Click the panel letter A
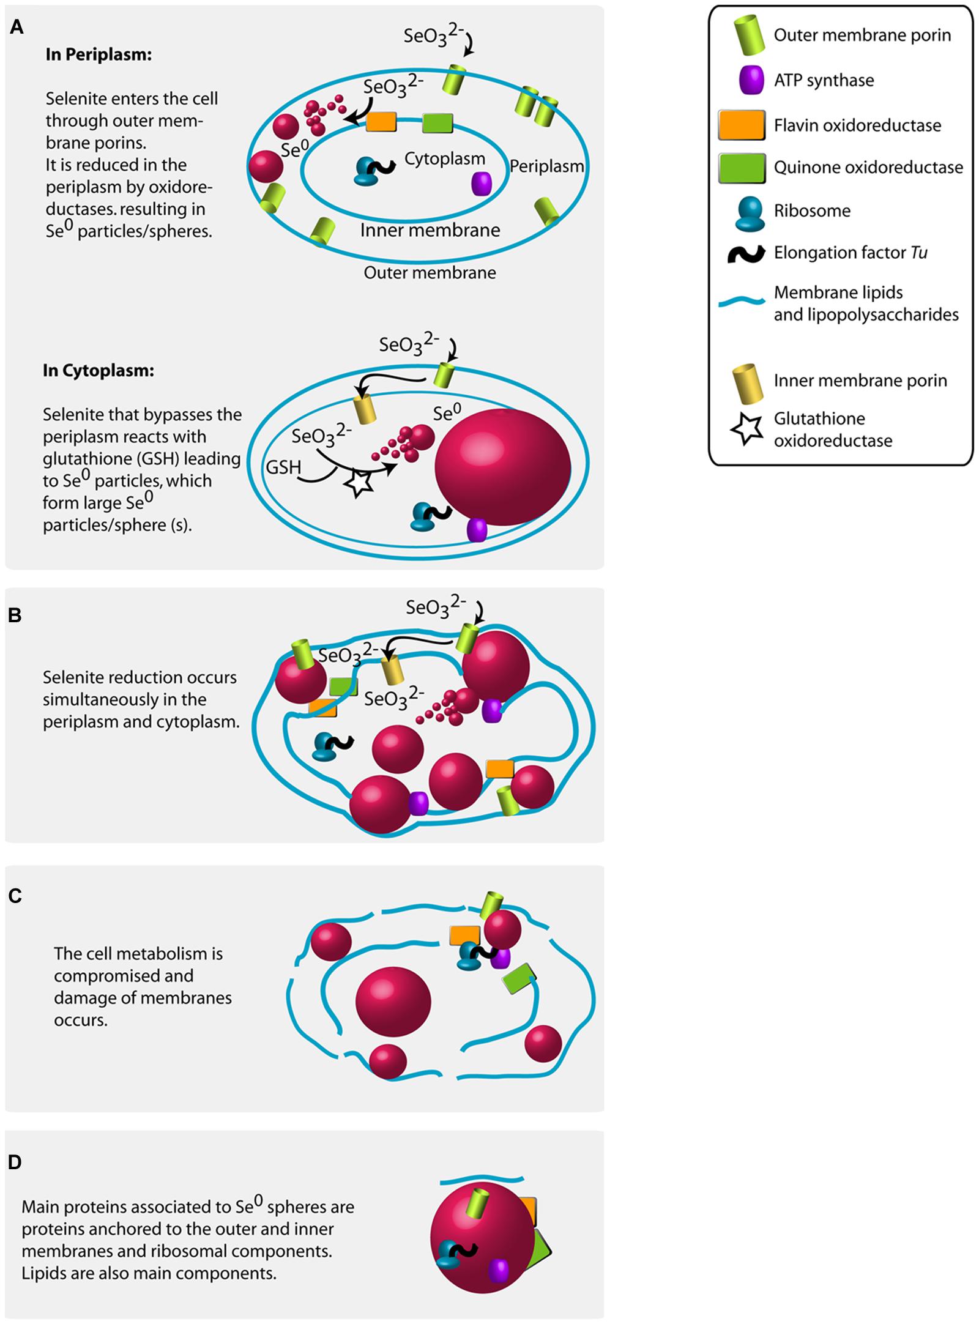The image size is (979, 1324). point(17,28)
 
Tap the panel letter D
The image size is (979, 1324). point(15,1161)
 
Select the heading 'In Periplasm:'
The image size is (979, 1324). point(99,54)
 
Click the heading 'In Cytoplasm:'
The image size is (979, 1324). point(99,370)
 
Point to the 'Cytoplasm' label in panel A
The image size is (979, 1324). point(445,159)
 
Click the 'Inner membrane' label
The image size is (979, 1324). point(430,231)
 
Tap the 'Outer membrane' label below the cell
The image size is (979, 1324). point(430,273)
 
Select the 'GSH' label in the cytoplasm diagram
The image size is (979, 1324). point(283,467)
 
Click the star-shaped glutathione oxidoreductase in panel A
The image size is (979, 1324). point(359,483)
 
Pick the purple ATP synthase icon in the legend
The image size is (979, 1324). point(751,80)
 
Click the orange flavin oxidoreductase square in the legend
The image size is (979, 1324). point(741,125)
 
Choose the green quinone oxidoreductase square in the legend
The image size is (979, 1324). point(741,168)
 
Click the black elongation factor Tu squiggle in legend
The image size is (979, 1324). point(746,253)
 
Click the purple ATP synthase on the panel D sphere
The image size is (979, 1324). point(498,1271)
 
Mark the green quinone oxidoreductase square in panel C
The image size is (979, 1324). point(519,978)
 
